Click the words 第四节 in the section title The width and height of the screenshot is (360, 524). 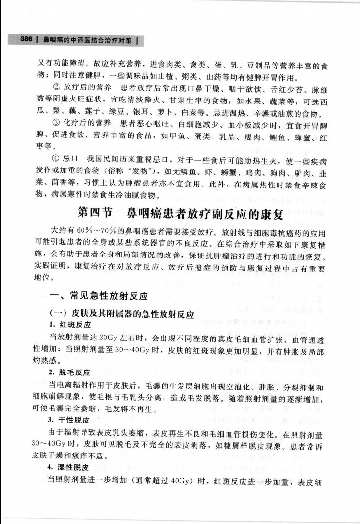click(x=95, y=212)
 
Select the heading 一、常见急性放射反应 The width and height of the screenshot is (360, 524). click(x=99, y=295)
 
